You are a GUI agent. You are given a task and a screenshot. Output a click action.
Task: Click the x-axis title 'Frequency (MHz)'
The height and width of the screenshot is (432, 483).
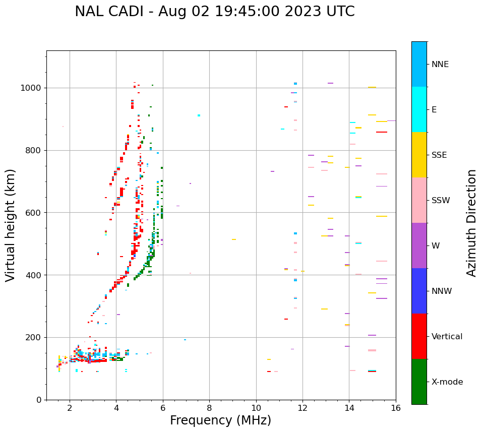(x=220, y=420)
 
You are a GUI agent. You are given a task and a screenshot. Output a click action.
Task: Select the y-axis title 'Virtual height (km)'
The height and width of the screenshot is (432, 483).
(x=11, y=225)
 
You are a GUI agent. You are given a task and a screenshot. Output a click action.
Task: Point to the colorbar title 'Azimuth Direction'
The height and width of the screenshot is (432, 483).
(x=471, y=223)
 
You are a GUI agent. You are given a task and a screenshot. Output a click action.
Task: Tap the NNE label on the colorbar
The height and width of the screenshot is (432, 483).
(x=440, y=65)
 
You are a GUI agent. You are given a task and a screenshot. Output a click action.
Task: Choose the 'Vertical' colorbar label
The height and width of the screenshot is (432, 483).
(x=447, y=337)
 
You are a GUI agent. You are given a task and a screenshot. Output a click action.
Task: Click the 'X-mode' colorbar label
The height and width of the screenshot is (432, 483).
(x=447, y=382)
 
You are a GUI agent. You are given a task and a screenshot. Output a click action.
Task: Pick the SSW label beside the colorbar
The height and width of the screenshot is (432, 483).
(x=441, y=201)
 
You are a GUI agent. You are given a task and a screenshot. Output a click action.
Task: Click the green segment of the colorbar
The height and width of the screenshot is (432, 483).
(x=419, y=382)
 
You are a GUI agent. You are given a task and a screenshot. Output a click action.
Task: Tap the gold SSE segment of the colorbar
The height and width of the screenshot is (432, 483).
(x=419, y=155)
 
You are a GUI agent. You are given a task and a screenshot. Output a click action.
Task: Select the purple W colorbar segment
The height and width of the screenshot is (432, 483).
(x=419, y=245)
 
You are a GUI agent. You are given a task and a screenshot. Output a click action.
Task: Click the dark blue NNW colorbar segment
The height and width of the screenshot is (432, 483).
(x=419, y=291)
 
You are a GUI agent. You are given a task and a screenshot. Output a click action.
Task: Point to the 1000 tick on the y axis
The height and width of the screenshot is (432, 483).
(x=33, y=88)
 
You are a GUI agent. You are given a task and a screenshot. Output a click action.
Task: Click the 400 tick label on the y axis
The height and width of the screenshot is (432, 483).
(x=35, y=275)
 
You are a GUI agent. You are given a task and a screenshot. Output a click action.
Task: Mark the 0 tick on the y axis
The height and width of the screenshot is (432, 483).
(x=39, y=400)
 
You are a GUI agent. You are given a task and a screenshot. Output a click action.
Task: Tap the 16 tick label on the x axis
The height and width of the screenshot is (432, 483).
(x=396, y=408)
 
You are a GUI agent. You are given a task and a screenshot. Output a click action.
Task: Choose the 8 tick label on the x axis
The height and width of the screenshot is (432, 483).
(x=209, y=408)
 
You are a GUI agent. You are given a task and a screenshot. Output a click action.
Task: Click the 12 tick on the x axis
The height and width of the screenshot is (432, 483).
(x=303, y=408)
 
